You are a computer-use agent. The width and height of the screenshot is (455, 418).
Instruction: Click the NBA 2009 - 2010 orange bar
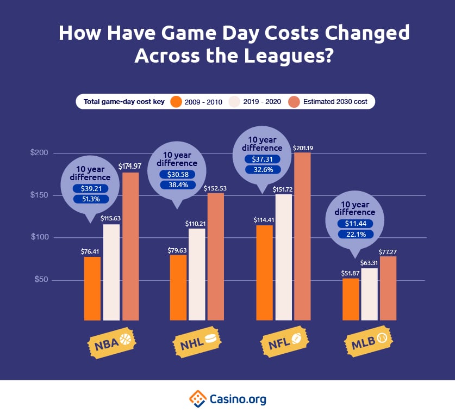[92, 288]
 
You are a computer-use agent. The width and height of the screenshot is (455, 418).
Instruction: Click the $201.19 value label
[303, 147]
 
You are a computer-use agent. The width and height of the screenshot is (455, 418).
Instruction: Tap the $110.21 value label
[196, 223]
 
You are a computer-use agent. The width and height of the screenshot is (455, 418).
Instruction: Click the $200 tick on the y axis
[40, 153]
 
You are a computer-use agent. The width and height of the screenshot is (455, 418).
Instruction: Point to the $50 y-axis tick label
[41, 280]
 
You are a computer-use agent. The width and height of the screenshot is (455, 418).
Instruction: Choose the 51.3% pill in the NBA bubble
[91, 199]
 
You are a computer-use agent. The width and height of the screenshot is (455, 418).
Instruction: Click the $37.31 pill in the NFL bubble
[262, 159]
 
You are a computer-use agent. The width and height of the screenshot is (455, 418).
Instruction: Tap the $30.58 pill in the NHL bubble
[177, 174]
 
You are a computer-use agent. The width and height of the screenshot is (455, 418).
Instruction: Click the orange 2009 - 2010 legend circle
[176, 101]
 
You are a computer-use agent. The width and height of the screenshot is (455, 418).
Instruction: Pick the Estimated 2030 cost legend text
[335, 102]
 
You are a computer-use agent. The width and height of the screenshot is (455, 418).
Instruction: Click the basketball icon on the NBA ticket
[126, 339]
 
